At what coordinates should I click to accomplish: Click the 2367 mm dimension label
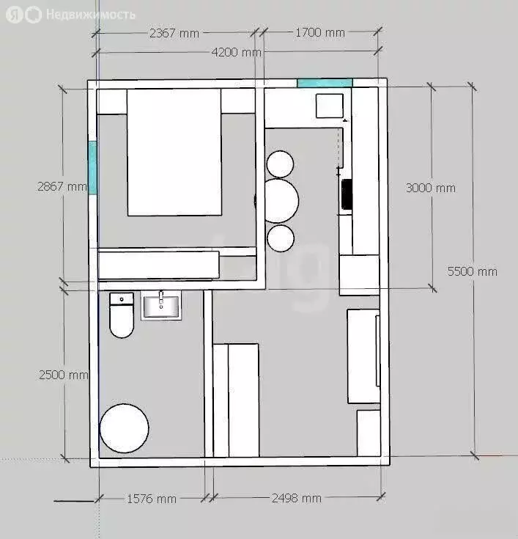[x=174, y=33]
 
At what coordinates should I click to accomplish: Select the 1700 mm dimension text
[x=319, y=33]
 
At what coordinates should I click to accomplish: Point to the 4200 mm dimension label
[x=237, y=52]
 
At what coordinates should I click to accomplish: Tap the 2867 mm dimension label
[x=62, y=187]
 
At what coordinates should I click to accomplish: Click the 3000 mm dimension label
[x=430, y=188]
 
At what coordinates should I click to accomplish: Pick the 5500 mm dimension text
[x=473, y=271]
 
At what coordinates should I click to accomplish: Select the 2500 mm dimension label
[x=64, y=375]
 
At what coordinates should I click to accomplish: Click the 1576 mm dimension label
[x=152, y=499]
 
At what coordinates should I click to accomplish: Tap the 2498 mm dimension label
[x=297, y=498]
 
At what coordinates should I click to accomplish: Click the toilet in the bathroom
[x=122, y=315]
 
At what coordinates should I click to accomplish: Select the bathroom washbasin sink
[x=161, y=306]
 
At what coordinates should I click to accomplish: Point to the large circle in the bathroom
[x=124, y=428]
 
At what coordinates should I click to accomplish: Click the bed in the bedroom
[x=174, y=153]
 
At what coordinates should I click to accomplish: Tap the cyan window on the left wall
[x=92, y=168]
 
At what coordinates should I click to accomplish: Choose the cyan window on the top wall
[x=325, y=83]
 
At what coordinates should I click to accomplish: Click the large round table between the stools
[x=281, y=201]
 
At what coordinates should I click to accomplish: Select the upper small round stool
[x=280, y=164]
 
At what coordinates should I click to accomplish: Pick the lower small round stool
[x=281, y=238]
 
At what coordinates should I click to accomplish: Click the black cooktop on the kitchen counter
[x=347, y=194]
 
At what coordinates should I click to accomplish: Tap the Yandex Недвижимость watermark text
[x=90, y=15]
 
